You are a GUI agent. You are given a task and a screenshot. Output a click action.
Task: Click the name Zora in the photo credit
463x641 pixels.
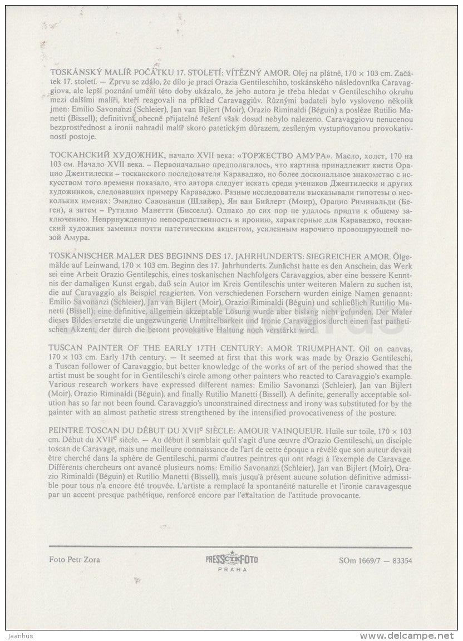pos(90,559)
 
